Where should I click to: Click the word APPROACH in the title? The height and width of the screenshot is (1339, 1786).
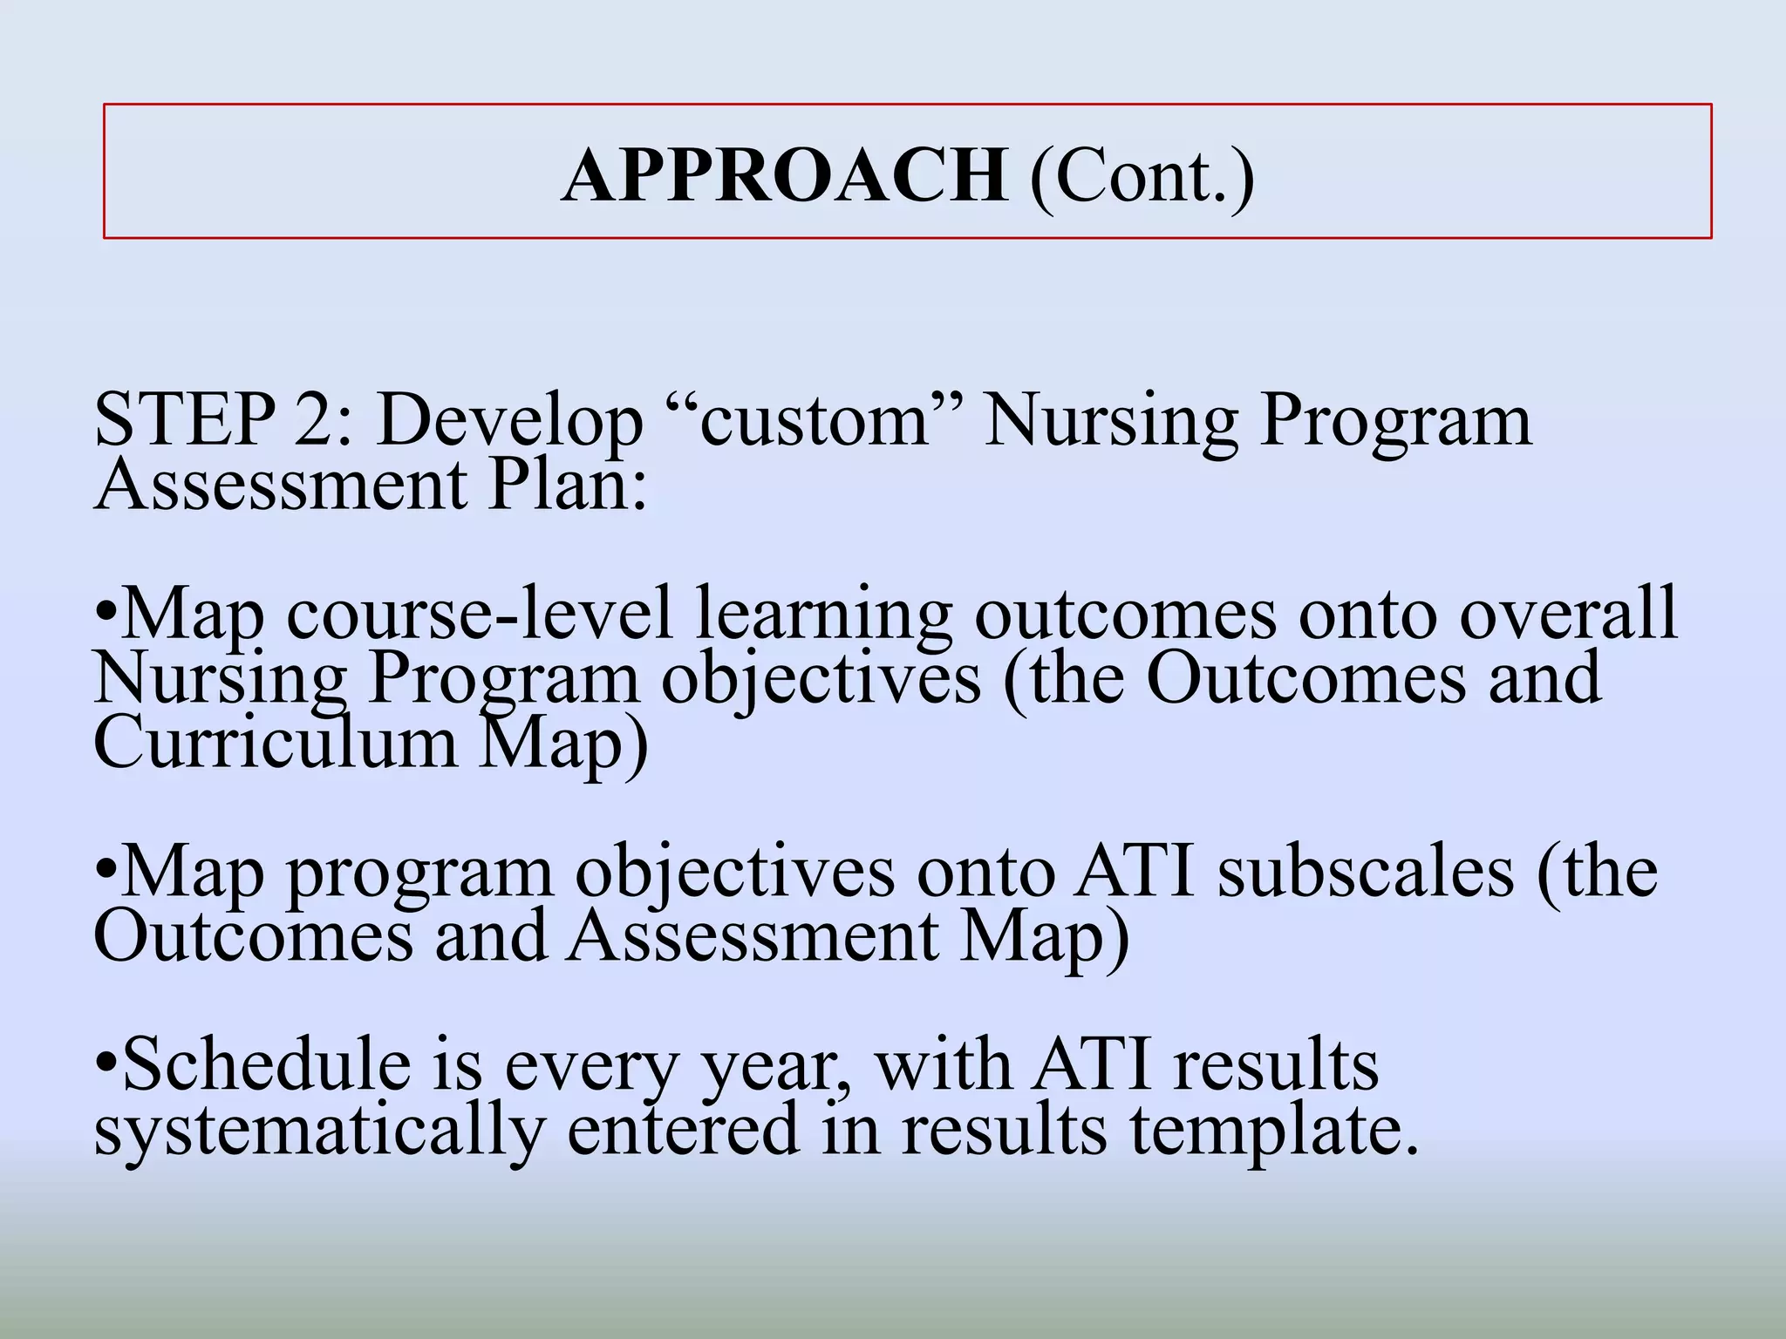coord(784,175)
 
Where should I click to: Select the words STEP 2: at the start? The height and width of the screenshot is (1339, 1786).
coord(223,420)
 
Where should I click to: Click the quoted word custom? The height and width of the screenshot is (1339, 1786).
coord(815,420)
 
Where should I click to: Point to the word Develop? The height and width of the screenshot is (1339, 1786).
coord(509,422)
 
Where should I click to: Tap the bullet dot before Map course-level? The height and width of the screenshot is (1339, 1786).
coord(106,615)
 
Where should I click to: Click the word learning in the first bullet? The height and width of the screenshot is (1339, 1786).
coord(823,615)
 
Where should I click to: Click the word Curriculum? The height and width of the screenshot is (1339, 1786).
coord(275,742)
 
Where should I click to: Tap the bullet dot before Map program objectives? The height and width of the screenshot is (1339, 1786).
coord(106,873)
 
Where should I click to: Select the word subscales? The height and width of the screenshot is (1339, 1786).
coord(1365,872)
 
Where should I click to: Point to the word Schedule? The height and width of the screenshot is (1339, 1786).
coord(267,1064)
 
